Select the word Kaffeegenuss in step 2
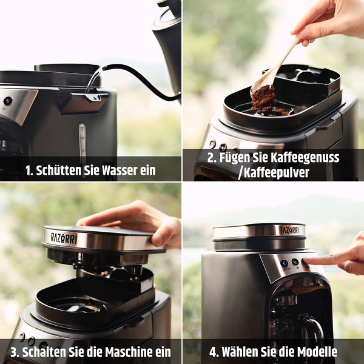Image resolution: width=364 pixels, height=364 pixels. pos(305,158)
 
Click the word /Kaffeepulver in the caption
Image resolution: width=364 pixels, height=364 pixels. pos(274,172)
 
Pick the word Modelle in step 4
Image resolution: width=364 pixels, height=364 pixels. pos(317,352)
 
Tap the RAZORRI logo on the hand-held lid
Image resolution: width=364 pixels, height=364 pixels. pos(64,238)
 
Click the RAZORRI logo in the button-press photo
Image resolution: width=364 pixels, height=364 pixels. pos(289,231)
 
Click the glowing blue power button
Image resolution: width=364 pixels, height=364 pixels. pos(284,263)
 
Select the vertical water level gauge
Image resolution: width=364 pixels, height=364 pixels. pos(83,144)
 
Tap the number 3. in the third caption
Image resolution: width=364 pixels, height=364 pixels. pos(15,352)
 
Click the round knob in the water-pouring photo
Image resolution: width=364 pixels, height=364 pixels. pos(8,101)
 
